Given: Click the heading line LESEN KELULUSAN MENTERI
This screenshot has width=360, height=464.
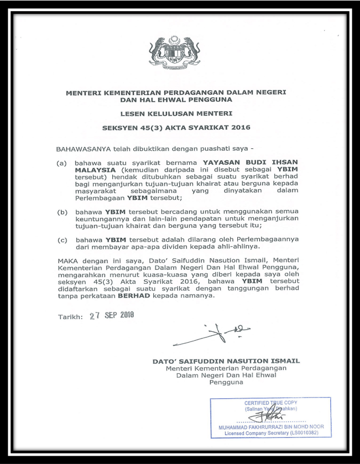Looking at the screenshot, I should pyautogui.click(x=176, y=113).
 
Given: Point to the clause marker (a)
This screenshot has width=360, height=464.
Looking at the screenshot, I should pyautogui.click(x=62, y=163).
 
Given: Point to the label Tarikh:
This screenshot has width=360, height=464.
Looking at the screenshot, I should pyautogui.click(x=70, y=317).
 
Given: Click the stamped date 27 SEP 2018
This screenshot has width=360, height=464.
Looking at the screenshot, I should pyautogui.click(x=112, y=316).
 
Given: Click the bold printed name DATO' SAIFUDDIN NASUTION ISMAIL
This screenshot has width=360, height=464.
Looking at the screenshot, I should pyautogui.click(x=226, y=361).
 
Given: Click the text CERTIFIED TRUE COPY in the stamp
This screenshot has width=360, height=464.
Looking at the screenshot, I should pyautogui.click(x=271, y=403).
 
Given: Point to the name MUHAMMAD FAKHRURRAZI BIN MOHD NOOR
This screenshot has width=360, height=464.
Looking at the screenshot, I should pyautogui.click(x=271, y=427).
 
